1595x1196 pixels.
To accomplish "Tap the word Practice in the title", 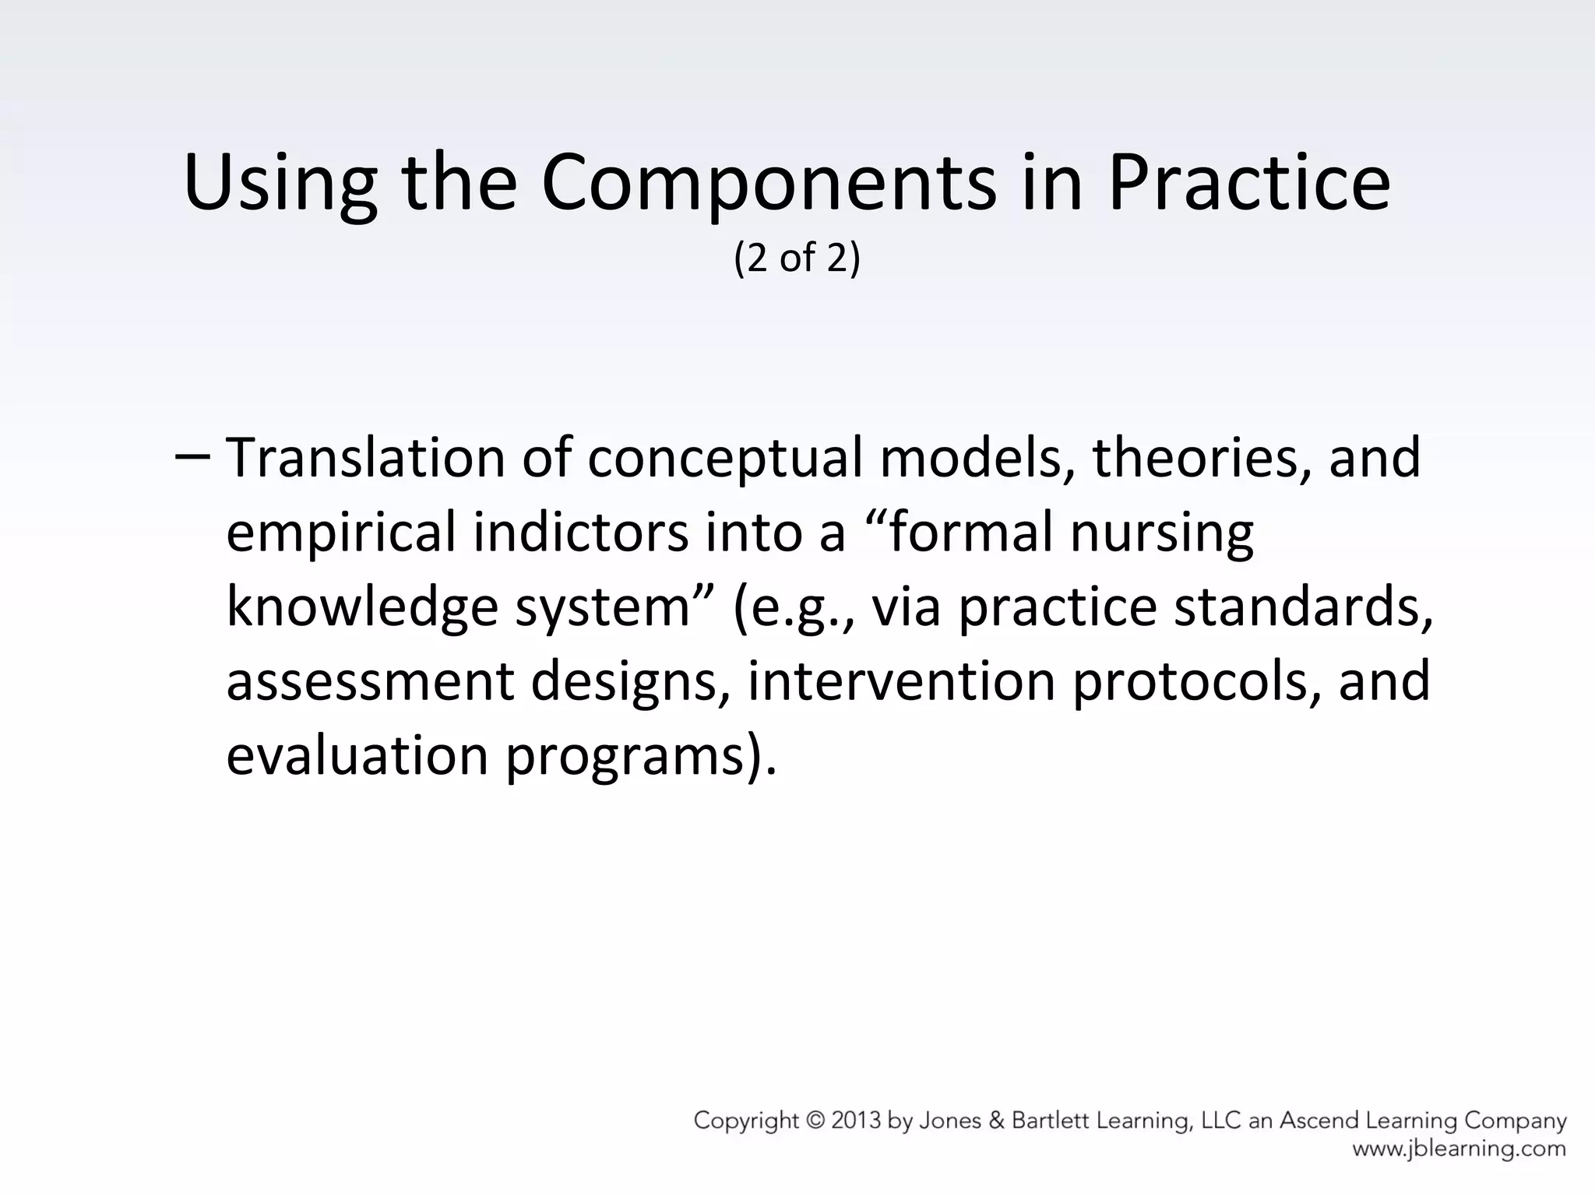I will tap(1248, 184).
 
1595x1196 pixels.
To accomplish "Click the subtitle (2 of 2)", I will tap(797, 258).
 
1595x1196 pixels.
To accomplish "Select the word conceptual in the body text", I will tap(724, 459).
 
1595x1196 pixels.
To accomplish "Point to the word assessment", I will tap(370, 682).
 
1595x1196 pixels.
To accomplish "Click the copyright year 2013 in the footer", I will tap(856, 1121).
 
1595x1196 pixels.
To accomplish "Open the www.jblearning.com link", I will tap(1459, 1149).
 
